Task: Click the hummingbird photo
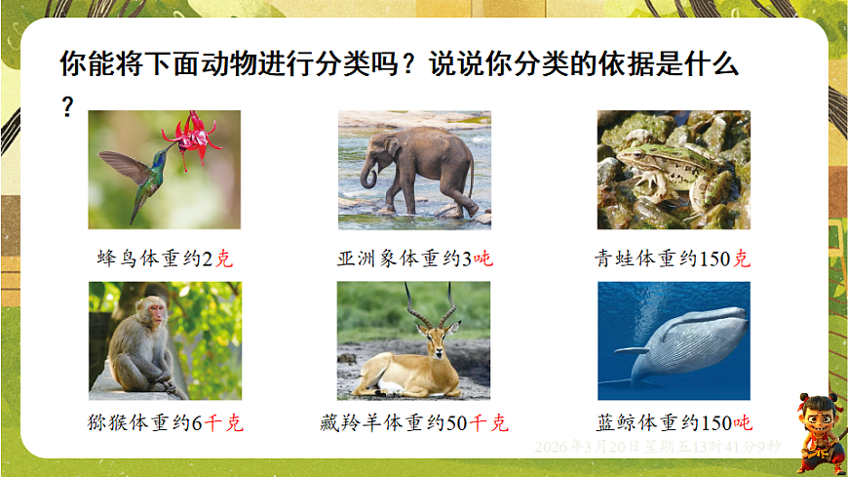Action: tap(164, 170)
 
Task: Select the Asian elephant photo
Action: tap(414, 170)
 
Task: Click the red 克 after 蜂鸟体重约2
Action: tap(224, 259)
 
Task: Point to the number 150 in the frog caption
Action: tap(716, 259)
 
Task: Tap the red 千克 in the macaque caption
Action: tap(222, 424)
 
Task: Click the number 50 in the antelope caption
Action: tap(458, 424)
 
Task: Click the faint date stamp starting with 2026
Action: tap(658, 446)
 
